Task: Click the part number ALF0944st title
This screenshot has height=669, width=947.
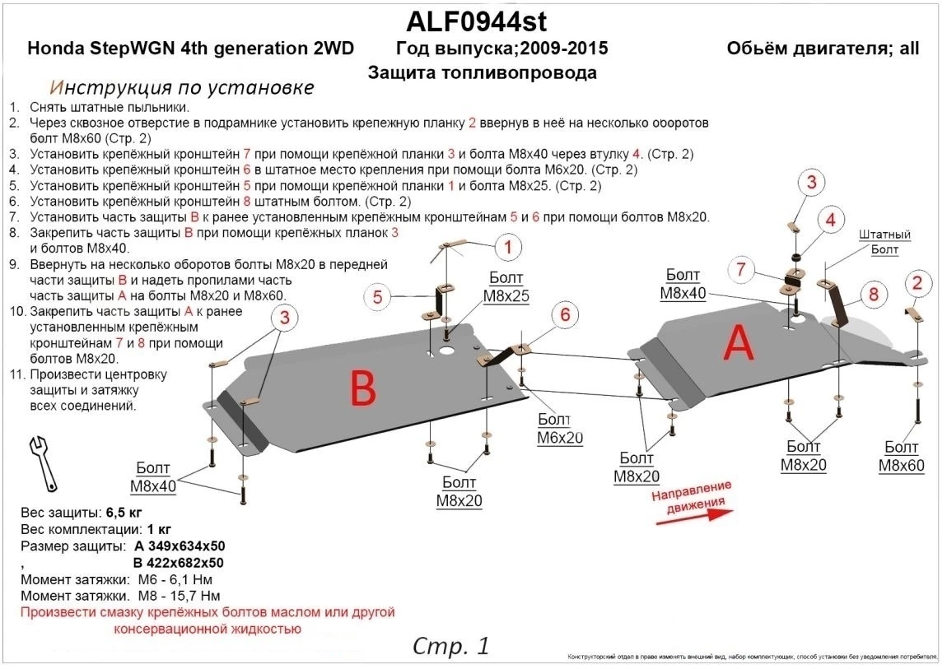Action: [476, 20]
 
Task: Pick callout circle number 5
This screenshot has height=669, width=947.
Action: [377, 297]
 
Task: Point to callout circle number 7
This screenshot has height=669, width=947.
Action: [741, 269]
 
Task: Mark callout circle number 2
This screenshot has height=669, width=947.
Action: [917, 283]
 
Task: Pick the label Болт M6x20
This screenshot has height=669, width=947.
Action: [560, 429]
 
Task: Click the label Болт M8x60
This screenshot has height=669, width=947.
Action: [901, 456]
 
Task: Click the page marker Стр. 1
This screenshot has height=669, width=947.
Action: [450, 645]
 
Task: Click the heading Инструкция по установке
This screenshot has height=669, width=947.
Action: [181, 87]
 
